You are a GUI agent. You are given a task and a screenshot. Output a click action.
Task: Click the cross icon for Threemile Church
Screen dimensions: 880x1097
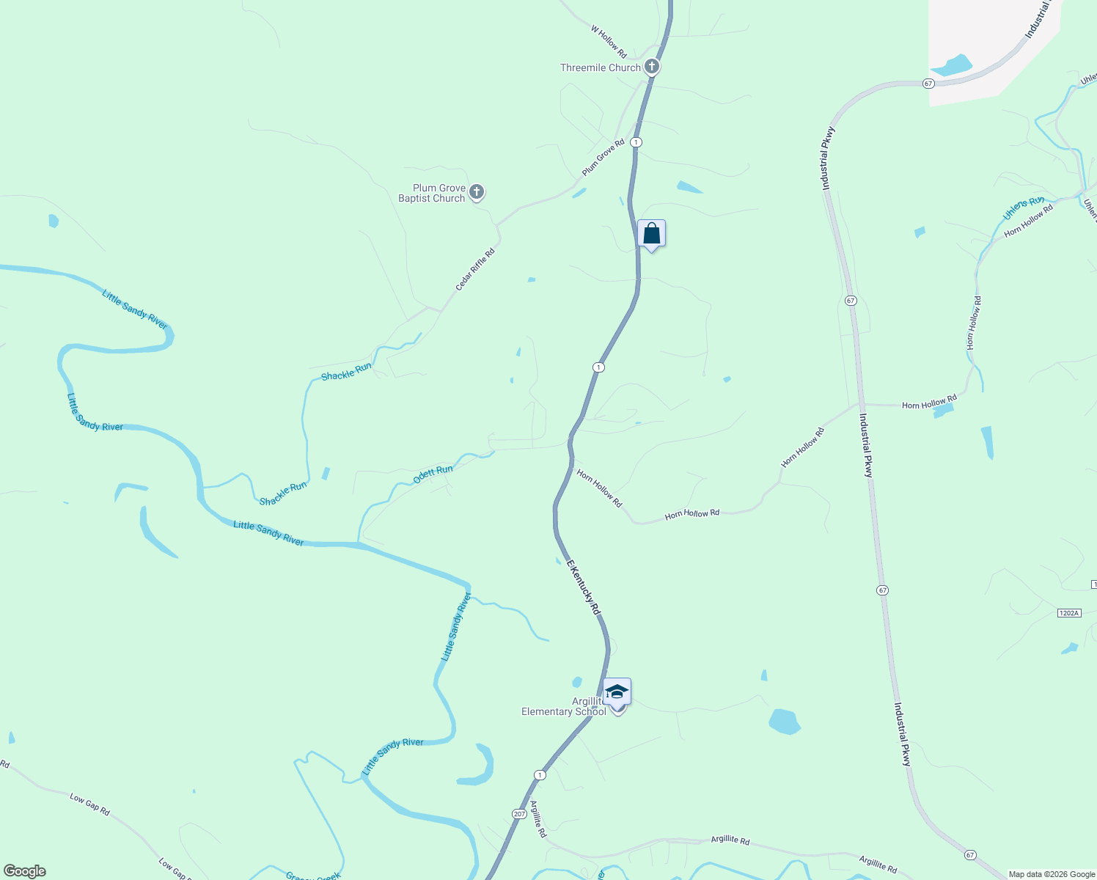[651, 67]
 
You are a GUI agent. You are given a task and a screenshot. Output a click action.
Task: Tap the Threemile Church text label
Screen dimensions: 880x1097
[600, 67]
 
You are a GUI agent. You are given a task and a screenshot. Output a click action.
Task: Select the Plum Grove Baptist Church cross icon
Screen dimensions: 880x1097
[477, 193]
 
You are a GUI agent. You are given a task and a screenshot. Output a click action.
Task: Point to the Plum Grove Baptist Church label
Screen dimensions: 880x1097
[432, 193]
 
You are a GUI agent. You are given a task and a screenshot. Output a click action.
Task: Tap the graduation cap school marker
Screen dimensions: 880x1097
[617, 692]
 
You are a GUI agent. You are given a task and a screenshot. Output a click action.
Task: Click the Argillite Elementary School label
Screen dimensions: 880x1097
[564, 706]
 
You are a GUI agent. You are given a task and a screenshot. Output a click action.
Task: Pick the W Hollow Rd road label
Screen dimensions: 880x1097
[609, 43]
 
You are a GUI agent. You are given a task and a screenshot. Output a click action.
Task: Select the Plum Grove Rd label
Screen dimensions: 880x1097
[603, 157]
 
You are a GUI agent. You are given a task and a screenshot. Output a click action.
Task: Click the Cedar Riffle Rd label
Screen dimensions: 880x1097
[475, 269]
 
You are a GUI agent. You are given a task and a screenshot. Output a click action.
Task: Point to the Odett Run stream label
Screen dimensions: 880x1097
[433, 474]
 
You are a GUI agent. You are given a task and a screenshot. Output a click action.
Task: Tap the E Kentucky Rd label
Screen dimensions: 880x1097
[584, 587]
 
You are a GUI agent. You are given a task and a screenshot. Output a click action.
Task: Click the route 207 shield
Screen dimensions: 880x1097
[519, 814]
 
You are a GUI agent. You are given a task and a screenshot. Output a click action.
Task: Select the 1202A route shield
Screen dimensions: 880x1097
[1069, 612]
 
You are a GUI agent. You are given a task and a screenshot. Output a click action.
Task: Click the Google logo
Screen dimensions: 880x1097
[24, 871]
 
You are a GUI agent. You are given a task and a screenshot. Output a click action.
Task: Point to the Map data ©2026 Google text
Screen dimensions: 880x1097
[1052, 874]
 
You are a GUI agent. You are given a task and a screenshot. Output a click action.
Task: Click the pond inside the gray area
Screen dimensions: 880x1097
[952, 66]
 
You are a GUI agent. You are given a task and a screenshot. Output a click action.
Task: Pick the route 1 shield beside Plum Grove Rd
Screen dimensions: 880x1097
[636, 142]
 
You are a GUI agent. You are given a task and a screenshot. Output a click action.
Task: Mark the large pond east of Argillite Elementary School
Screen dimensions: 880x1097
[784, 721]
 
